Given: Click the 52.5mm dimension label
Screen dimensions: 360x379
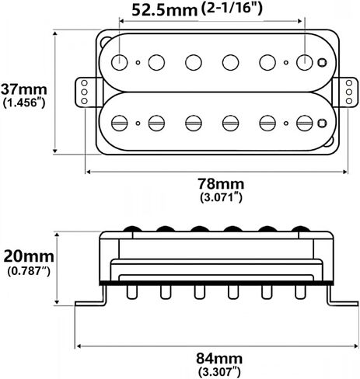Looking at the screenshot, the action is (165, 10).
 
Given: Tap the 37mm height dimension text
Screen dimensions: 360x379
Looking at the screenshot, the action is (24, 89).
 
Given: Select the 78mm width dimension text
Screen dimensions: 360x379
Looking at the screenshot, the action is (221, 184).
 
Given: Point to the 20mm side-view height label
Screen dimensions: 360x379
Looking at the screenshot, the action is (29, 256).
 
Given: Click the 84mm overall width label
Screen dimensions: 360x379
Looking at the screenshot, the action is (219, 359).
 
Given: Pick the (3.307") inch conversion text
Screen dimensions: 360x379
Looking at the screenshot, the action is (219, 372).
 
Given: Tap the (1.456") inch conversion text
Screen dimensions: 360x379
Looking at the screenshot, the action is (24, 103).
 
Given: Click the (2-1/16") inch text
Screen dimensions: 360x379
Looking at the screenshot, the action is (232, 9).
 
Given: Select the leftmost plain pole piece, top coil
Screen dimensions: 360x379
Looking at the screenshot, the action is (120, 62).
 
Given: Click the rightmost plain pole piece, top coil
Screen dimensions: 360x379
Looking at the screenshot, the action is (305, 62).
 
